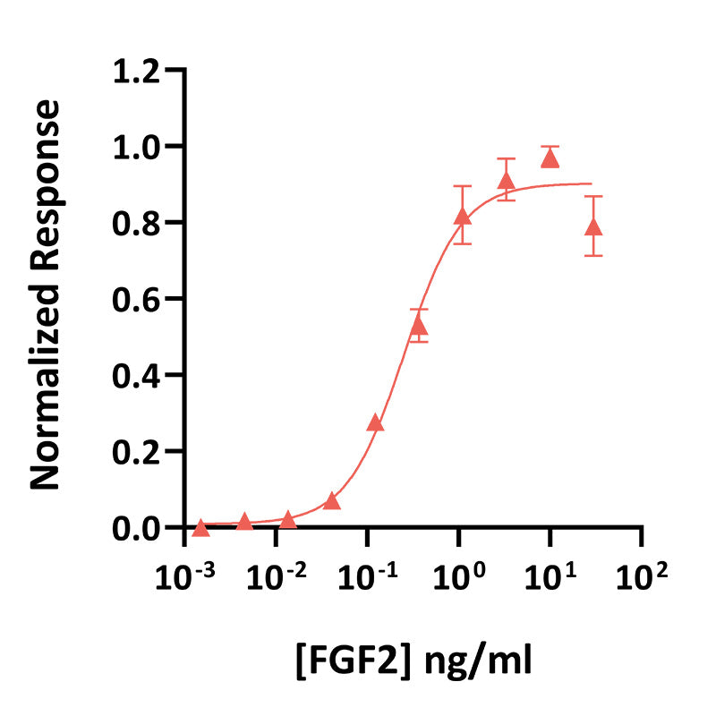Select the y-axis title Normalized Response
47,296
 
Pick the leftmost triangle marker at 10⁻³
200,528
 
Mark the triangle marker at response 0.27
375,423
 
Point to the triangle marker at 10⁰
463,217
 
